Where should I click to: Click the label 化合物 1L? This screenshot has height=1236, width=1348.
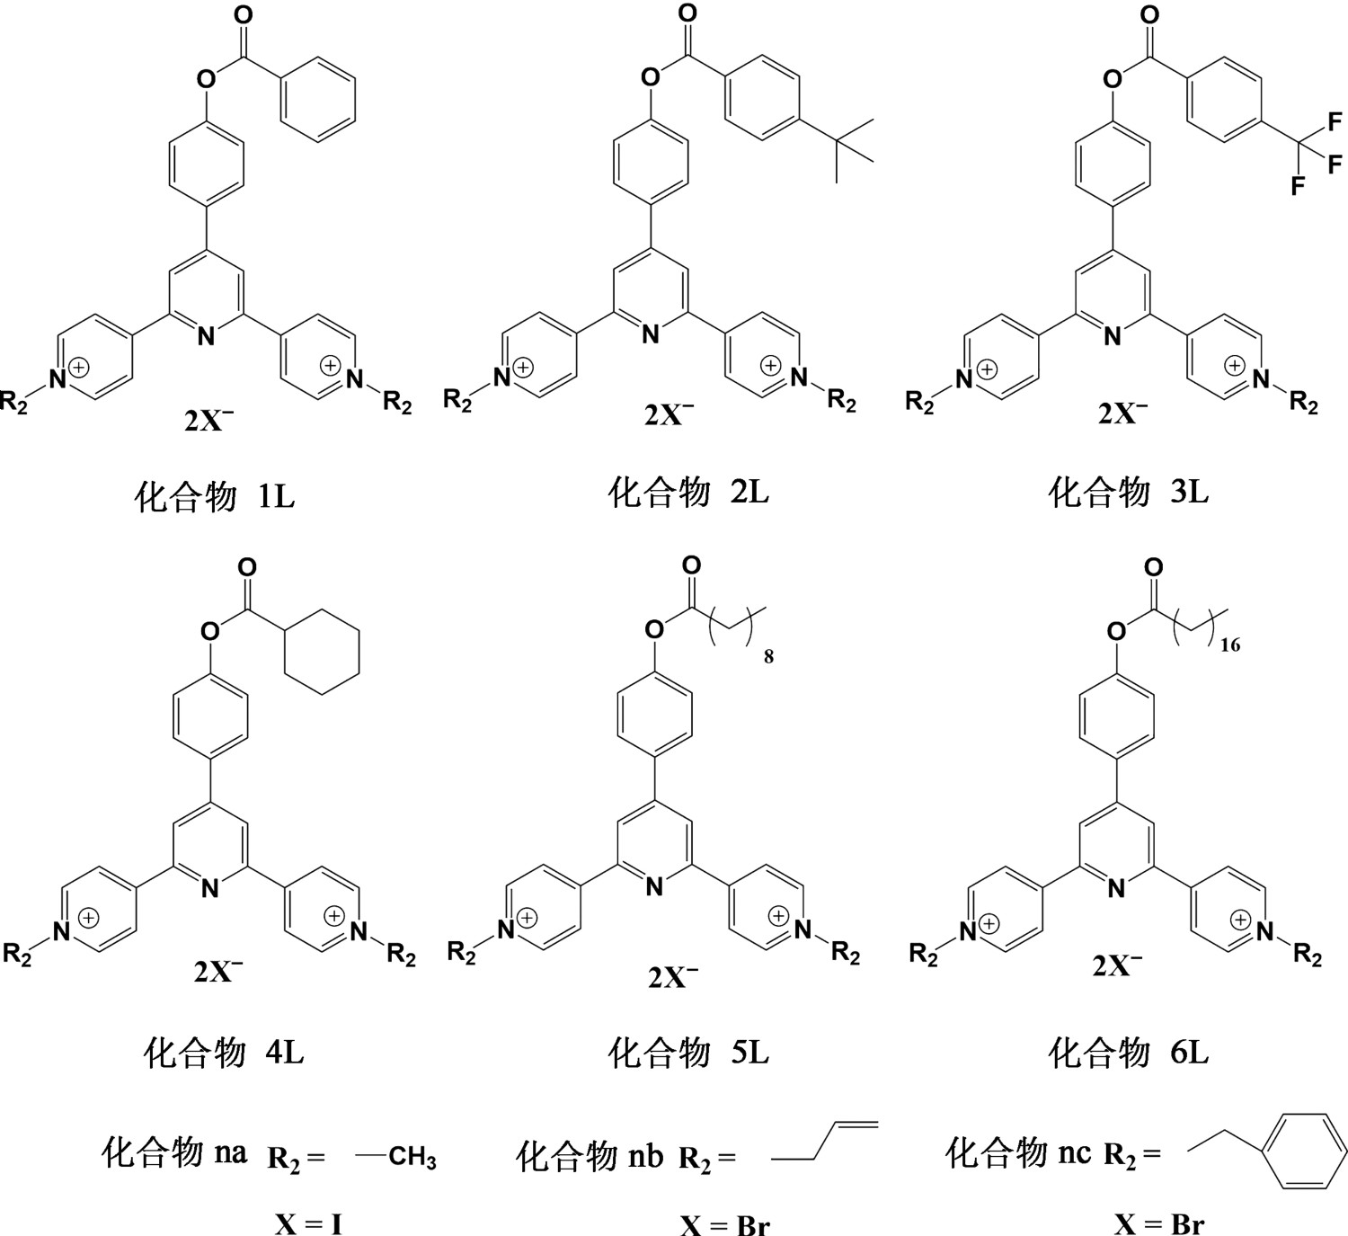pyautogui.click(x=215, y=498)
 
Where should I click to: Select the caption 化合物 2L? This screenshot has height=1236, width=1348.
pyautogui.click(x=688, y=493)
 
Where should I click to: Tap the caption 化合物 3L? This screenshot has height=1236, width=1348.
pyautogui.click(x=1128, y=493)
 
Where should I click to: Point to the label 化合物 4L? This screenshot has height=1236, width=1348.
pyautogui.click(x=224, y=1053)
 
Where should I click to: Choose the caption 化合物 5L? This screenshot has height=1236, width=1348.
pyautogui.click(x=688, y=1053)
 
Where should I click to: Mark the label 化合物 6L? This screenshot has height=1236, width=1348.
pyautogui.click(x=1128, y=1053)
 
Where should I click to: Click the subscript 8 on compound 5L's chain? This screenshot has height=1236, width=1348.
pyautogui.click(x=768, y=656)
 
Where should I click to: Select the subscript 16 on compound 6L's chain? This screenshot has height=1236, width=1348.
pyautogui.click(x=1229, y=646)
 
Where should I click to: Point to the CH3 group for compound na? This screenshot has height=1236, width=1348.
pyautogui.click(x=412, y=1157)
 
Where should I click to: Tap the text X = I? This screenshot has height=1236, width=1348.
pyautogui.click(x=308, y=1224)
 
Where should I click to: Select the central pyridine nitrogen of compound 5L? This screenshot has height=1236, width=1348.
pyautogui.click(x=654, y=887)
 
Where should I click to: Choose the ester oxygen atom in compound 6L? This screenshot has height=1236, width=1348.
pyautogui.click(x=1116, y=631)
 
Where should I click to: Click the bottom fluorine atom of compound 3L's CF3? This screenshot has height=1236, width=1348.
pyautogui.click(x=1298, y=186)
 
